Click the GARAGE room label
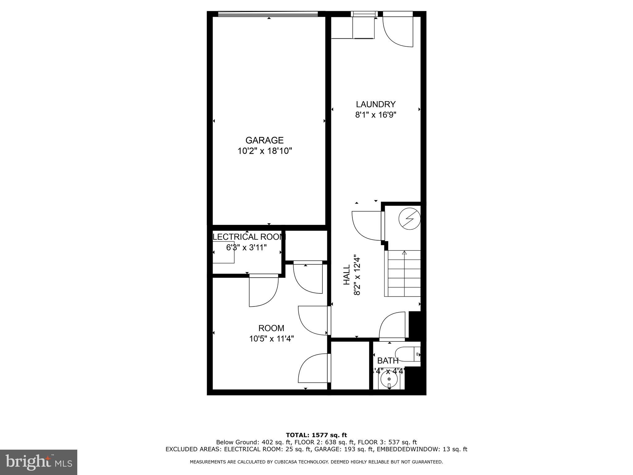264,140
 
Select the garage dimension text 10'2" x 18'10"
265,151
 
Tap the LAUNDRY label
376,104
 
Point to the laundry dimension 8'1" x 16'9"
376,115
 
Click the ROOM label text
271,328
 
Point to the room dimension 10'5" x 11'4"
271,339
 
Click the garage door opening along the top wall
268,14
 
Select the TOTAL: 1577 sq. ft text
316,435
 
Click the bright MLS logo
39,462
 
